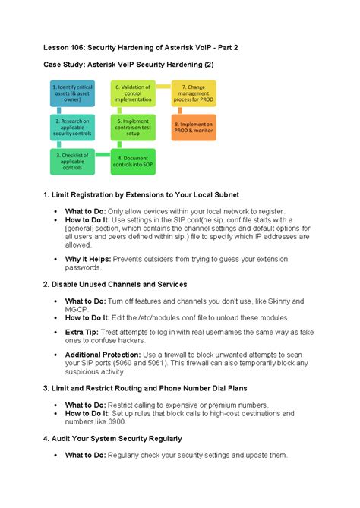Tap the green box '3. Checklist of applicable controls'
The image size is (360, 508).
(72, 160)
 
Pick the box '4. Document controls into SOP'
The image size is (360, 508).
(134, 160)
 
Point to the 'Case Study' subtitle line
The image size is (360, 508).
(128, 66)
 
